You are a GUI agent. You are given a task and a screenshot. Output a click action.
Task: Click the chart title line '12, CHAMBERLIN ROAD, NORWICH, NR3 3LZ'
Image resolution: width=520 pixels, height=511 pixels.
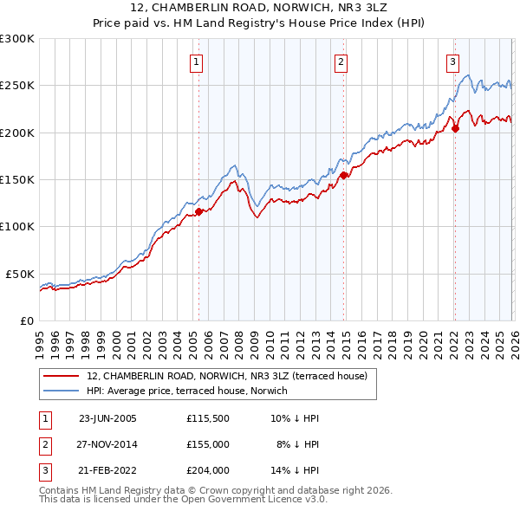tap(260, 8)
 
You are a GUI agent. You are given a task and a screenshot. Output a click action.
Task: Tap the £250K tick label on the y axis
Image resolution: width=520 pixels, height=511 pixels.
tap(17, 86)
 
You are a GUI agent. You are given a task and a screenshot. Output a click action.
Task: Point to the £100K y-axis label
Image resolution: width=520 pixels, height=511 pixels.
tap(17, 226)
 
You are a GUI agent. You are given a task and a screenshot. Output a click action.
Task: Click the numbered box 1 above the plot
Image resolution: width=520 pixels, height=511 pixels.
tap(198, 61)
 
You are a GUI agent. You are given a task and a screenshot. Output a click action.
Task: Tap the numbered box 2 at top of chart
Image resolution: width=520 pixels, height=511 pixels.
tap(341, 61)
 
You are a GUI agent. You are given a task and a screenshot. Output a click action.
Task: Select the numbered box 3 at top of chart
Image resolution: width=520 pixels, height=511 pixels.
tap(452, 61)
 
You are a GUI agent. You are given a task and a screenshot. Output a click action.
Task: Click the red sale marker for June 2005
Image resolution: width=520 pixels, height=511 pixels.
tap(199, 211)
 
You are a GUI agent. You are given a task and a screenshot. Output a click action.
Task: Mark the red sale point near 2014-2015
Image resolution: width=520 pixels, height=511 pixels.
tap(343, 175)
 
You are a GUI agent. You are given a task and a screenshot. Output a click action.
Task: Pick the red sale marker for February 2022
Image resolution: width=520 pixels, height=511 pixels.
tap(454, 129)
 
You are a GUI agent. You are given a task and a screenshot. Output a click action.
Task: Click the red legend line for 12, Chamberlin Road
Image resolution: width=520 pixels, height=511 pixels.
tap(62, 376)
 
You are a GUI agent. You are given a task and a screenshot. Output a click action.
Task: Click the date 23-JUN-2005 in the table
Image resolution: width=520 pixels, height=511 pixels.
tap(107, 418)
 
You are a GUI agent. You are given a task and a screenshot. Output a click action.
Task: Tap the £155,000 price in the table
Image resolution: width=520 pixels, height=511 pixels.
tap(207, 444)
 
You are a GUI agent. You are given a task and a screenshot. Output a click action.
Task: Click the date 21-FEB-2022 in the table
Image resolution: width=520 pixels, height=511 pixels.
tap(107, 471)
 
